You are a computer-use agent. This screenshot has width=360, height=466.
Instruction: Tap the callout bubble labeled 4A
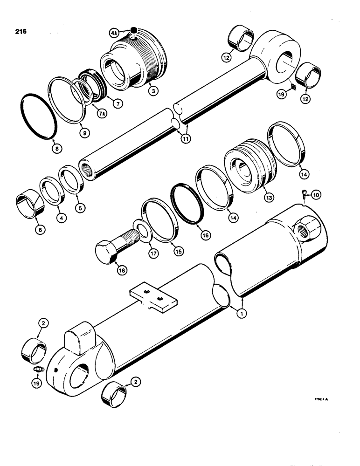click(113, 33)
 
